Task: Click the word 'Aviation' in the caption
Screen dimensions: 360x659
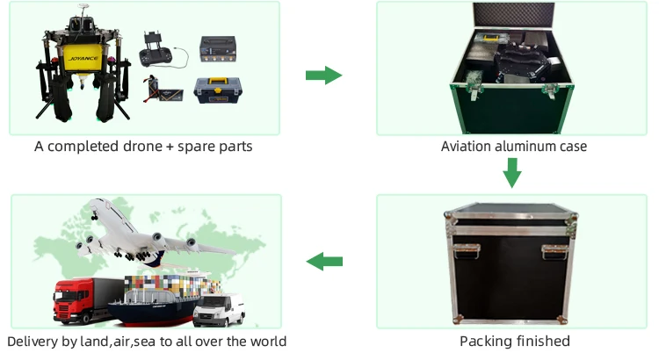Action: pos(469,146)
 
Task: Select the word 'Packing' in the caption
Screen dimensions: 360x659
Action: pos(485,341)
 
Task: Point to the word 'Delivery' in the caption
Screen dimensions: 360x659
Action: pos(36,341)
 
